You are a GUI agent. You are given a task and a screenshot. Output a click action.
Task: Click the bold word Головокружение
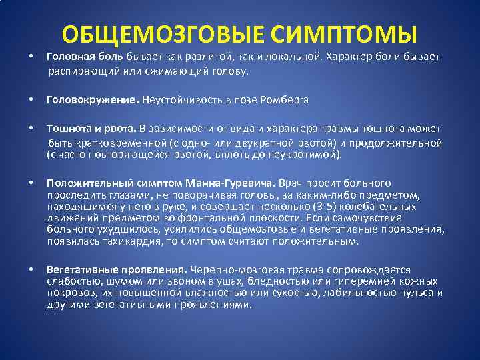click(x=91, y=100)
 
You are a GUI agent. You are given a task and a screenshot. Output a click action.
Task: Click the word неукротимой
click(x=311, y=155)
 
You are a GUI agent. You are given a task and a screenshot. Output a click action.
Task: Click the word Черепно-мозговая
click(x=232, y=270)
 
